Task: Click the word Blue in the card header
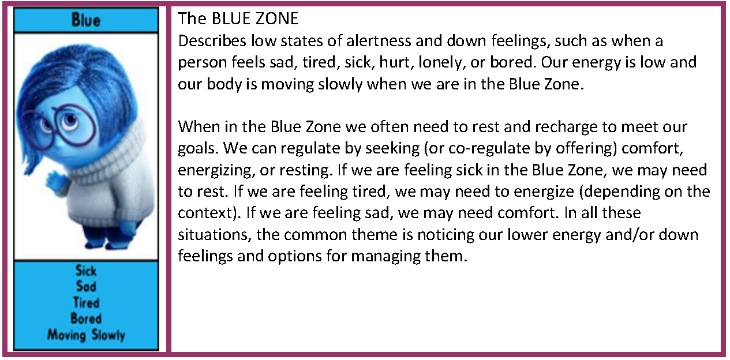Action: [86, 20]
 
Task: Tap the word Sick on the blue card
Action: [86, 271]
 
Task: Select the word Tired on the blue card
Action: [86, 303]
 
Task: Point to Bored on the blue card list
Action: [86, 318]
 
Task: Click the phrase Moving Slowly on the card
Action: [86, 335]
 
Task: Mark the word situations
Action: [215, 235]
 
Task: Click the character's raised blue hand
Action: [55, 182]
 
